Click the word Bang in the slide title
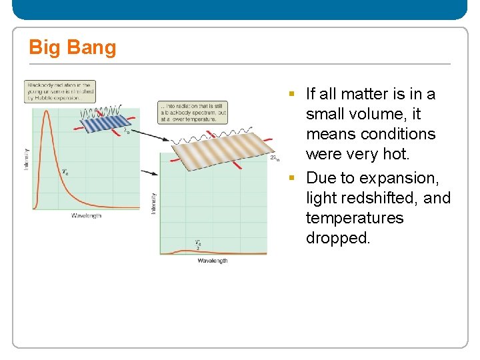tap(92, 48)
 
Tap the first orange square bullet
tap(291, 93)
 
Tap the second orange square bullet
tap(291, 178)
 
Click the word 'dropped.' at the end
tap(337, 238)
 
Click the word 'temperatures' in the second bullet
tap(355, 218)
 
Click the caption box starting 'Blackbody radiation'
tap(60, 91)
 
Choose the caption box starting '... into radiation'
tap(193, 112)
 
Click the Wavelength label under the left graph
tap(86, 215)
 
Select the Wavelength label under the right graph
tap(212, 261)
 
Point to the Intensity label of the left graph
tap(27, 158)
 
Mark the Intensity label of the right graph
tap(154, 203)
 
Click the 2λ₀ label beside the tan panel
tap(275, 159)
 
